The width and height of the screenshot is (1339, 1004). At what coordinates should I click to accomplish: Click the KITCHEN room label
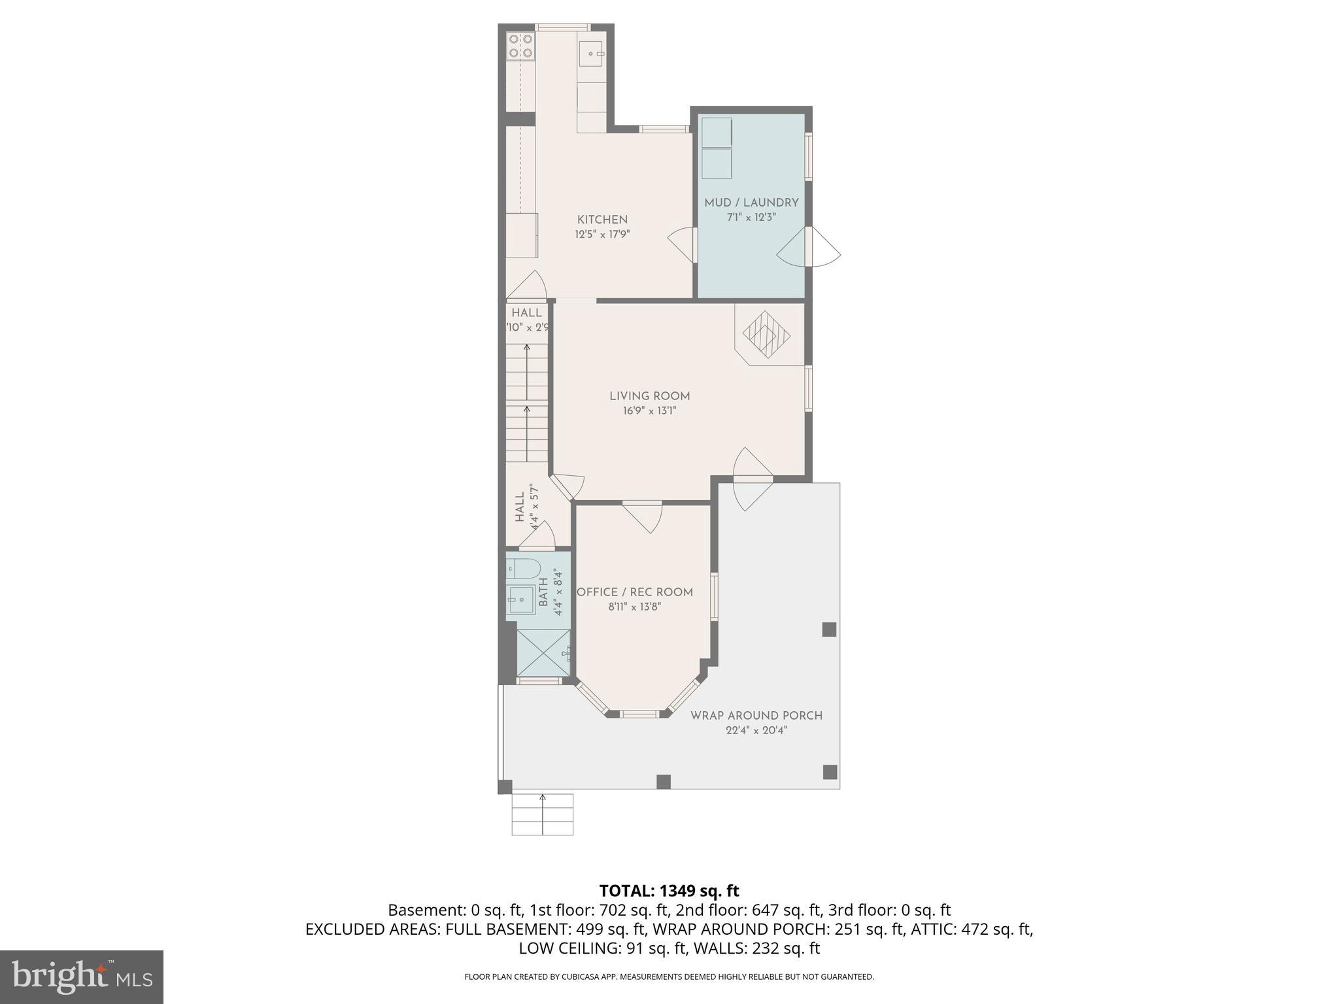(x=602, y=220)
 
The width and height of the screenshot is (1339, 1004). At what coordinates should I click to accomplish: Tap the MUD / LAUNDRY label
(x=751, y=203)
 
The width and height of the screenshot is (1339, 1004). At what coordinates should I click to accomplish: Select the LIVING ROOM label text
(x=649, y=395)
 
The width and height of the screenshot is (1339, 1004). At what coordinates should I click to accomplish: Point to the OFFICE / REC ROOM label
(x=634, y=592)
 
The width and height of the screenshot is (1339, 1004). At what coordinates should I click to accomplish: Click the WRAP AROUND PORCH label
(x=756, y=715)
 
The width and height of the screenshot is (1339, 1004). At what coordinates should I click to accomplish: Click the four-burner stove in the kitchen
(x=521, y=46)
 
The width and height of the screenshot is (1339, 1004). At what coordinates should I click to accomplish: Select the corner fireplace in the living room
(x=766, y=336)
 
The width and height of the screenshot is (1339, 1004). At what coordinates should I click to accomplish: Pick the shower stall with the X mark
(x=542, y=652)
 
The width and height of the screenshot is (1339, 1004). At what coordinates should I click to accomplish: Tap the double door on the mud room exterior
(x=809, y=247)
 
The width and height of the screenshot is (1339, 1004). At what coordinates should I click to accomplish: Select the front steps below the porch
(x=542, y=814)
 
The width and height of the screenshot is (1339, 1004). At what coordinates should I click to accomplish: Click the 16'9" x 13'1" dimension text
(x=649, y=410)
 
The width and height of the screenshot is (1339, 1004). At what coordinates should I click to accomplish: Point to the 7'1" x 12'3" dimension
(x=751, y=217)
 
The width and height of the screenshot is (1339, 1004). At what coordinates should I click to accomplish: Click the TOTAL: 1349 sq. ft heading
(x=669, y=890)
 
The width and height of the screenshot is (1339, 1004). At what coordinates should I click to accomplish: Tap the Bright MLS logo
(x=82, y=977)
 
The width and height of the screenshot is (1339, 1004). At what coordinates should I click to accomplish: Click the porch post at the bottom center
(x=664, y=782)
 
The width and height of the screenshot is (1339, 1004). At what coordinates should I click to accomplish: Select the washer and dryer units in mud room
(x=717, y=148)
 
